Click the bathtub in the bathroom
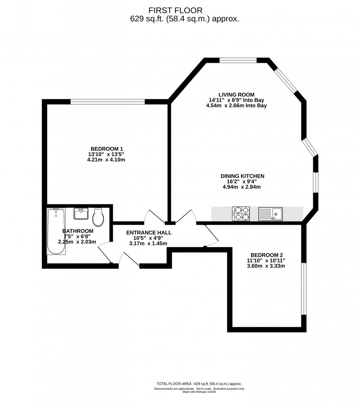pos(56,231)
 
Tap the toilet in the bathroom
pos(98,218)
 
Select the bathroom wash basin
pos(81,214)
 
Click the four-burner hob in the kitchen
pos(241,214)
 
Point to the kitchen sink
pos(270,214)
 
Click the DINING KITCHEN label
pos(242,176)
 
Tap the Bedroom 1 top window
pos(108,102)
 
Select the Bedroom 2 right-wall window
pos(303,288)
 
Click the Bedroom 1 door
pos(154,217)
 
